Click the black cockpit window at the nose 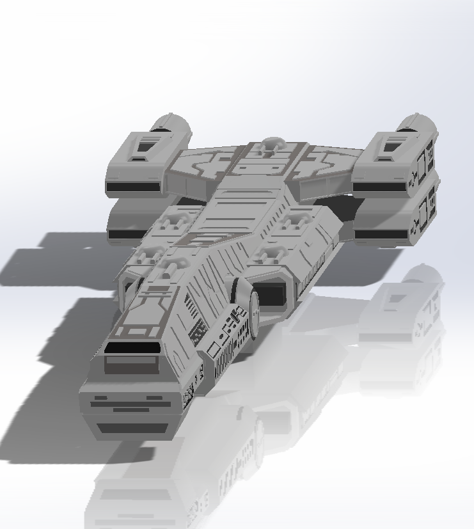[132, 349]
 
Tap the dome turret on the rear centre [273, 144]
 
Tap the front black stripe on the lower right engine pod [381, 235]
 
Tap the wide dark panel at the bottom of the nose [136, 427]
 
